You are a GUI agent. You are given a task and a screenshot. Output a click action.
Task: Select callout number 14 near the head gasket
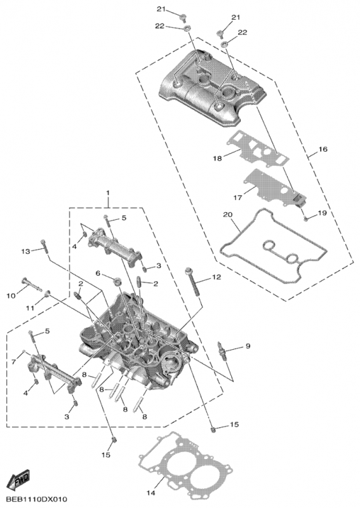(151, 493)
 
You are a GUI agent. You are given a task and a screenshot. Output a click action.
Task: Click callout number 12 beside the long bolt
(217, 277)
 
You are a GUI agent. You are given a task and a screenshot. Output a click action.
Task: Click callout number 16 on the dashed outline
(323, 149)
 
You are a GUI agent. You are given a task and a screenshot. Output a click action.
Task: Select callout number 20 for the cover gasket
(228, 214)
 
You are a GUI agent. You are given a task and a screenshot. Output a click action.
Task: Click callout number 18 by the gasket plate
(218, 158)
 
